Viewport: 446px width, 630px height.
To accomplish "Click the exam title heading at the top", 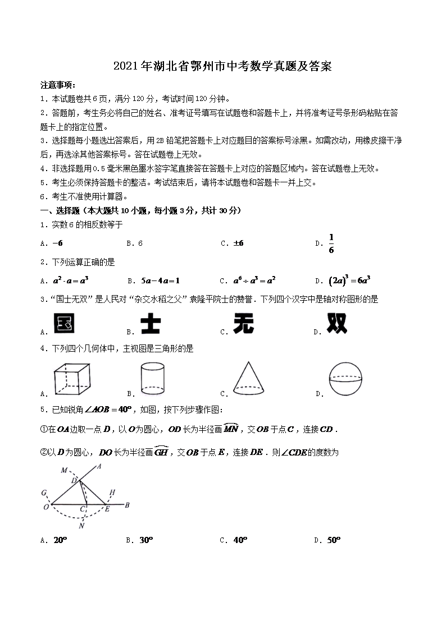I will point(222,67).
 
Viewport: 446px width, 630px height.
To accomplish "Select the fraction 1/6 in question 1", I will point(331,243).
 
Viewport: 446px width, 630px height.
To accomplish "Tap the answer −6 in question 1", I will point(57,243).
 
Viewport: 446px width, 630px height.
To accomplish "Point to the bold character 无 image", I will point(245,324).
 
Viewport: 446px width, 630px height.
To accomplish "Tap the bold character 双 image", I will point(337,324).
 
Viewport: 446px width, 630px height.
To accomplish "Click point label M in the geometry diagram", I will point(64,470).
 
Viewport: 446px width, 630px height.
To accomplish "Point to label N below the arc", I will point(81,526).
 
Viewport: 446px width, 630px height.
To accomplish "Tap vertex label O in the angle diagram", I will point(45,507).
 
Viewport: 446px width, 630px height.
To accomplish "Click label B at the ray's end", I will point(128,505).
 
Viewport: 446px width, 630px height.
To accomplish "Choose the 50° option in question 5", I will point(334,540).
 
